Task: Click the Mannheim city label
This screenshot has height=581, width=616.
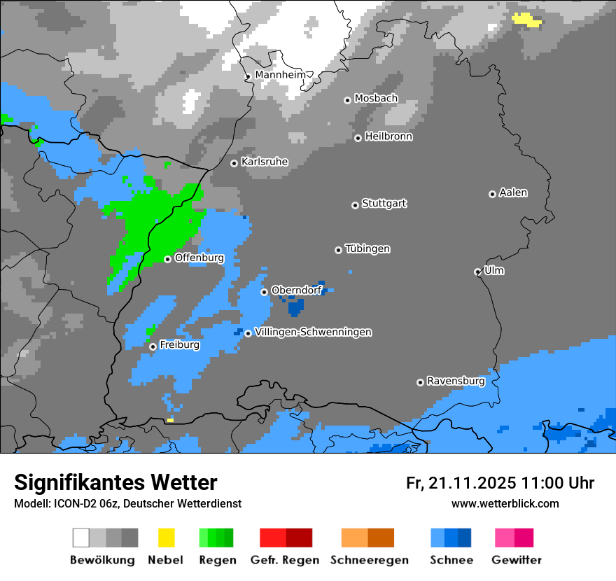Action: tap(280, 74)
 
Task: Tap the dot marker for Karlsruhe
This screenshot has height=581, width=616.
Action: tap(234, 163)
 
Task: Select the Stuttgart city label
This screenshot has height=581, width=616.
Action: tap(384, 204)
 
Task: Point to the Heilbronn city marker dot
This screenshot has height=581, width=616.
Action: tap(358, 138)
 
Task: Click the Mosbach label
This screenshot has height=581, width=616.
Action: tap(376, 99)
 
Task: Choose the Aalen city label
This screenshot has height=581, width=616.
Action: tap(513, 192)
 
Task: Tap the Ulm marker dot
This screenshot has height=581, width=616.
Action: tap(477, 272)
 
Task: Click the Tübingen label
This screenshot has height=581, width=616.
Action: tap(367, 248)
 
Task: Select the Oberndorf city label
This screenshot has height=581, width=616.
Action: tap(296, 290)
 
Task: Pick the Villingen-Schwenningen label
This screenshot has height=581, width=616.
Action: tap(313, 332)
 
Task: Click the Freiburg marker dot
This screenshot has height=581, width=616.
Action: tap(153, 346)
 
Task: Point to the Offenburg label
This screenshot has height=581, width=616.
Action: tap(199, 258)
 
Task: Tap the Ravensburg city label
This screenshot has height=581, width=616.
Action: tap(456, 381)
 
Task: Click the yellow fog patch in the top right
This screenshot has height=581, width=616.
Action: tap(526, 19)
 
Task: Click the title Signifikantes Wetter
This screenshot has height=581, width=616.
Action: tap(115, 482)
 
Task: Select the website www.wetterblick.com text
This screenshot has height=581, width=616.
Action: tap(505, 503)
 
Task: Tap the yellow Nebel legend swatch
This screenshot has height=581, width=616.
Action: tap(166, 538)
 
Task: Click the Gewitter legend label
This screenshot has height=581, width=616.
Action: tap(516, 560)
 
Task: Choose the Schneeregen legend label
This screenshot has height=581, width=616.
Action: tap(369, 560)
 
